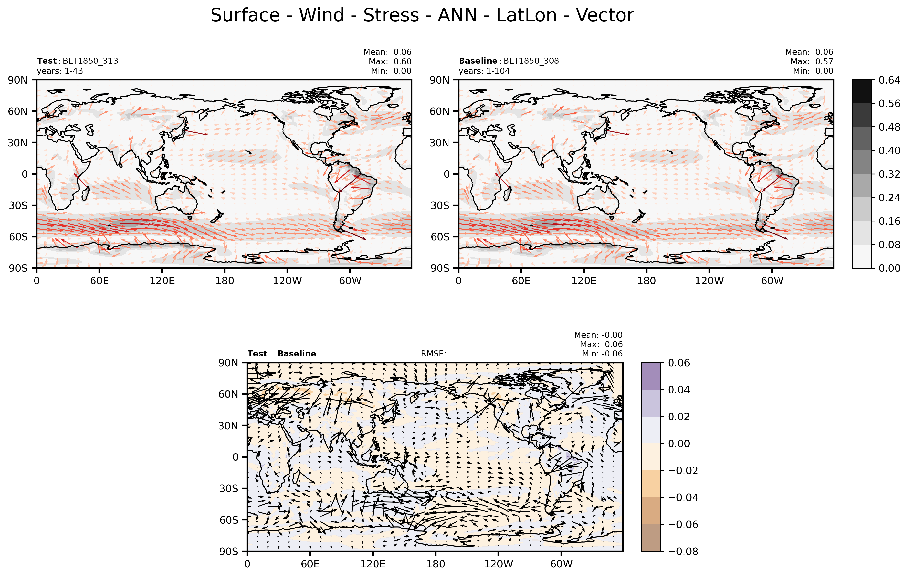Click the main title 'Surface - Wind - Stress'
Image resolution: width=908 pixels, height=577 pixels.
315,15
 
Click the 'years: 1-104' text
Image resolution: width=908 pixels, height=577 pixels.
484,71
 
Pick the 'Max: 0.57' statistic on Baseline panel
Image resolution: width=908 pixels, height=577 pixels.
812,61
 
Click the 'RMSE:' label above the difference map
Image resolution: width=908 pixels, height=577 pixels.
434,354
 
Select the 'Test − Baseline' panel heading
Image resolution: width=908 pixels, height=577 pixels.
282,354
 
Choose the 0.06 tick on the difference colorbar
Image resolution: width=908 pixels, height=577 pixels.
679,363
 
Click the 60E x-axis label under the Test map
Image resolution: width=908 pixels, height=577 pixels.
100,281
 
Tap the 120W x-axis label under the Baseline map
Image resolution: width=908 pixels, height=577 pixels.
709,281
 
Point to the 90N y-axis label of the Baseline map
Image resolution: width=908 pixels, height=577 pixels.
440,80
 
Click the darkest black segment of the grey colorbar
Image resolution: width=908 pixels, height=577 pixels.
862,92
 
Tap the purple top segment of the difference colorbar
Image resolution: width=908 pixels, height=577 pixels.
651,376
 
